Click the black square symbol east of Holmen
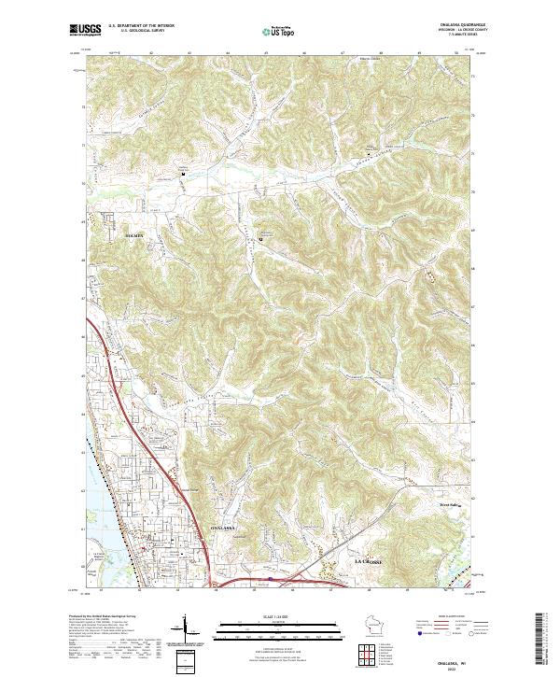pyautogui.click(x=260, y=239)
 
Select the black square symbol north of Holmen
pyautogui.click(x=183, y=174)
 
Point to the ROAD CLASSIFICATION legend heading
pyautogui.click(x=442, y=616)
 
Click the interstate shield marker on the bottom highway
pyautogui.click(x=272, y=579)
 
